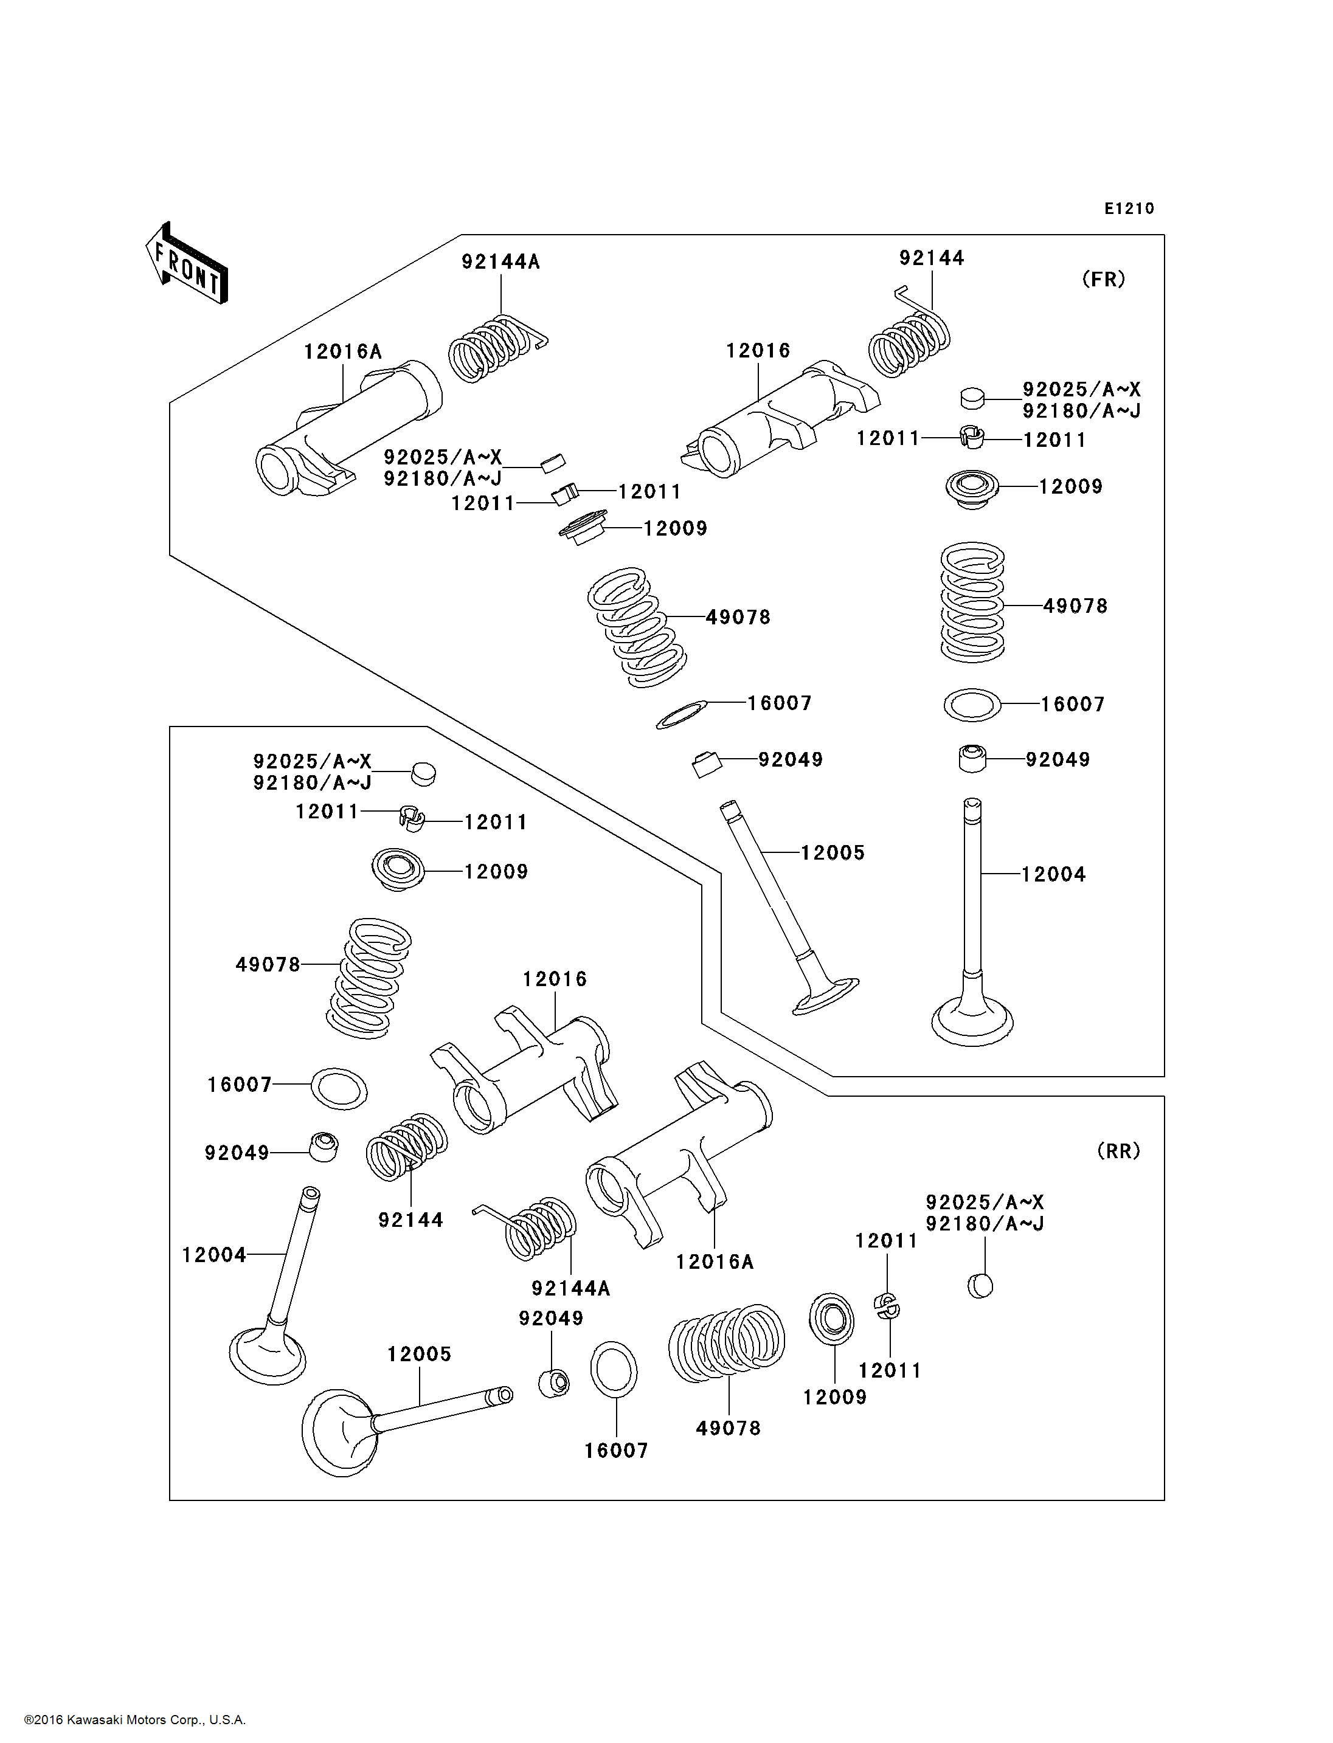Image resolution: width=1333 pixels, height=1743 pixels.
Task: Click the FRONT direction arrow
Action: coord(187,263)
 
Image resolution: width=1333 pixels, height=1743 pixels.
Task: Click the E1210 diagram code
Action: coord(1129,209)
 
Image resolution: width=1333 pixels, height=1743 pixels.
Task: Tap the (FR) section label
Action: coord(1104,279)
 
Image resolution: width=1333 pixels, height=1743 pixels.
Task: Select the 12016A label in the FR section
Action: coord(343,351)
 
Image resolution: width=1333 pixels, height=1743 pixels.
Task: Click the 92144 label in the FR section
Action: coord(932,258)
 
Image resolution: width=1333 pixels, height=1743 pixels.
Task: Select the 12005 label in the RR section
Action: coord(419,1355)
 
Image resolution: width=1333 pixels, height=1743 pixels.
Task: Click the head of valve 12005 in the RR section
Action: coord(339,1433)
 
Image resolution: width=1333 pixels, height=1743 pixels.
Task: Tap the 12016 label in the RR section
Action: coord(555,979)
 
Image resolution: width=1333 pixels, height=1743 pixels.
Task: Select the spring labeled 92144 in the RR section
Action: coord(406,1147)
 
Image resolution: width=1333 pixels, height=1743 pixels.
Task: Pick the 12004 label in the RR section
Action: coord(214,1254)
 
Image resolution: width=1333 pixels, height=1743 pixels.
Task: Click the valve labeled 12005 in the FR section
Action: coord(789,908)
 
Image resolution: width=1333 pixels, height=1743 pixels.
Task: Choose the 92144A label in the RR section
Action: coord(570,1288)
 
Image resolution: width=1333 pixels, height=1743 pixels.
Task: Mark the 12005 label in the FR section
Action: coord(833,853)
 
